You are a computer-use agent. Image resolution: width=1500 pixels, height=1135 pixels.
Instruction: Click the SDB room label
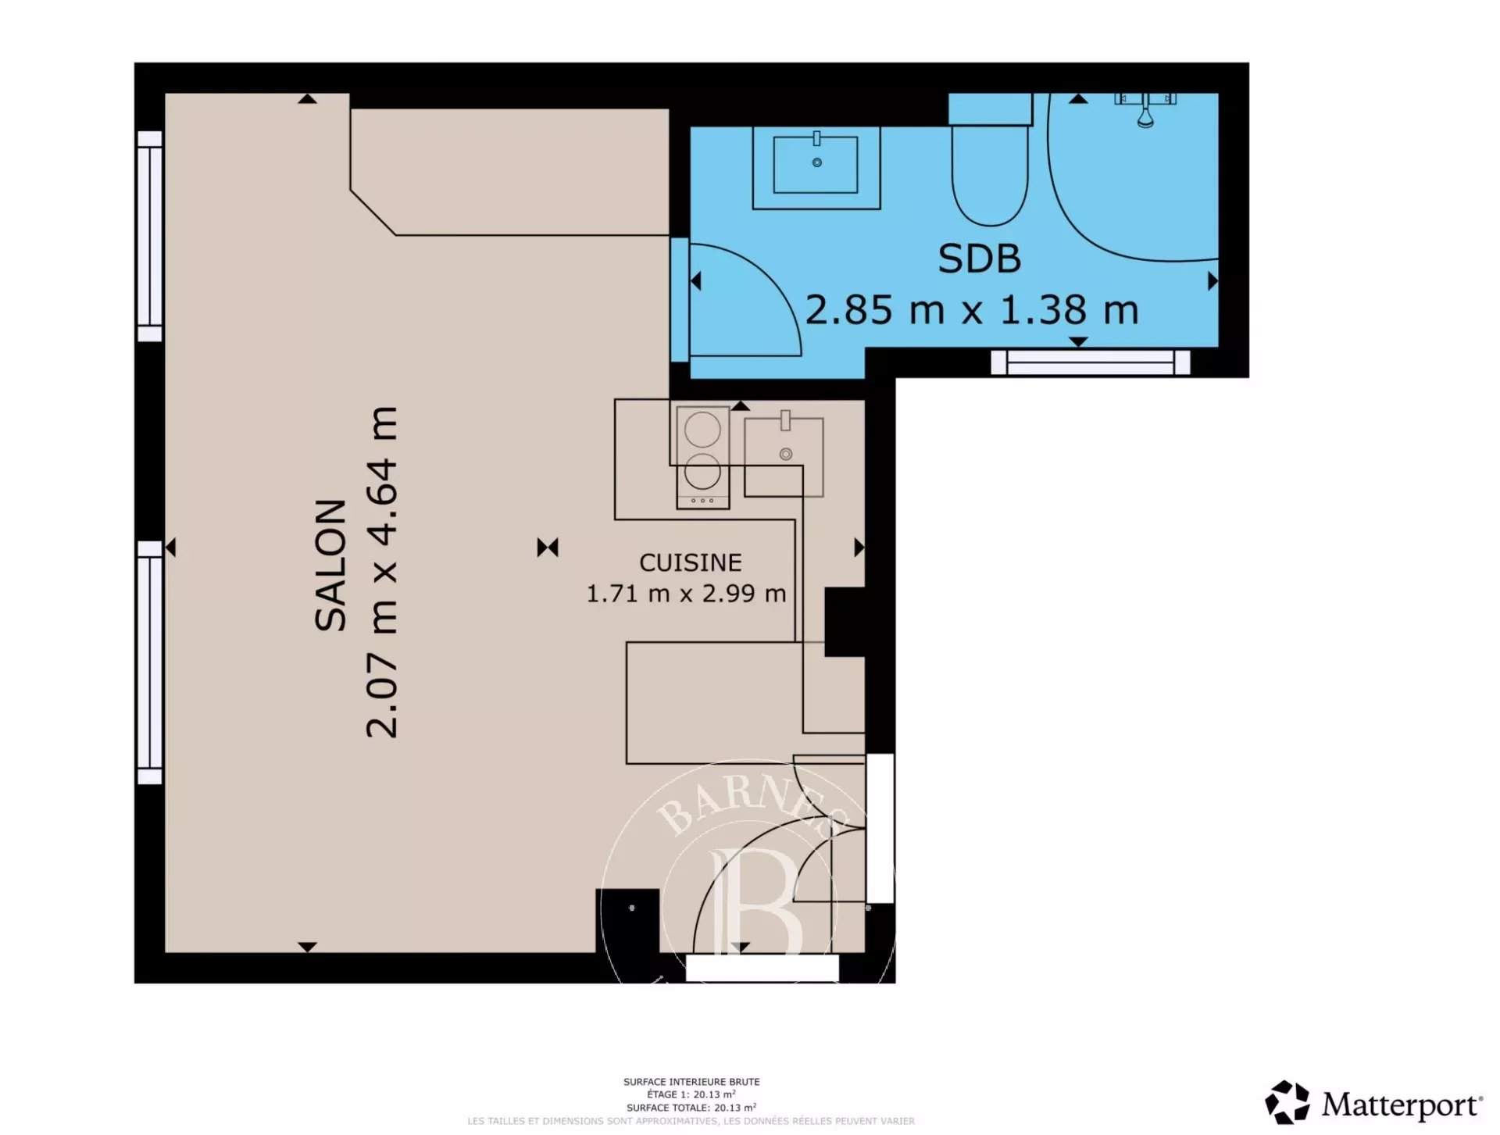[x=979, y=259]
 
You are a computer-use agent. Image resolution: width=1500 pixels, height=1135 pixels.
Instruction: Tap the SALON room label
[x=330, y=565]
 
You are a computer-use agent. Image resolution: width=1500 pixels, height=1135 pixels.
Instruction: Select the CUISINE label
[x=691, y=562]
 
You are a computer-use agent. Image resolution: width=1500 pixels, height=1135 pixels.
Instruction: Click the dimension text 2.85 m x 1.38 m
[x=971, y=309]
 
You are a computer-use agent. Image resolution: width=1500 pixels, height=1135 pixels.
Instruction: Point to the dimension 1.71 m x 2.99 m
[x=686, y=594]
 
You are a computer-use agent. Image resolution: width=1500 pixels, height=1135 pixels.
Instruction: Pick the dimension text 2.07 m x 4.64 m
[x=382, y=572]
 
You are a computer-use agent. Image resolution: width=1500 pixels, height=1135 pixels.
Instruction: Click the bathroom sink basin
[x=816, y=164]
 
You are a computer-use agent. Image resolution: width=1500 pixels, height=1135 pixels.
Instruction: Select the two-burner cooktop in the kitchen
[x=703, y=457]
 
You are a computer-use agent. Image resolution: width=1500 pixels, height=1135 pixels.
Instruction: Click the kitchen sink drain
[x=787, y=454]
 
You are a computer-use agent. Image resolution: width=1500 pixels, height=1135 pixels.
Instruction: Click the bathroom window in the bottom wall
[x=1091, y=362]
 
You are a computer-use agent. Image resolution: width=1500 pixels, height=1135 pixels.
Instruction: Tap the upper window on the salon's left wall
[x=150, y=237]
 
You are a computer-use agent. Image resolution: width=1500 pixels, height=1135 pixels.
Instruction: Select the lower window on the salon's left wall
[x=150, y=662]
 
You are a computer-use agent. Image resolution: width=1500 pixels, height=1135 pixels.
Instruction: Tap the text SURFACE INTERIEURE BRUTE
[x=691, y=1082]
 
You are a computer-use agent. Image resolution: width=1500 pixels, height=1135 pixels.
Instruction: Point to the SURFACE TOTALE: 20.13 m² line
[x=691, y=1108]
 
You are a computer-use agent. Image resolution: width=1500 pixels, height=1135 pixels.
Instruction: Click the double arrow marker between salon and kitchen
[x=548, y=548]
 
